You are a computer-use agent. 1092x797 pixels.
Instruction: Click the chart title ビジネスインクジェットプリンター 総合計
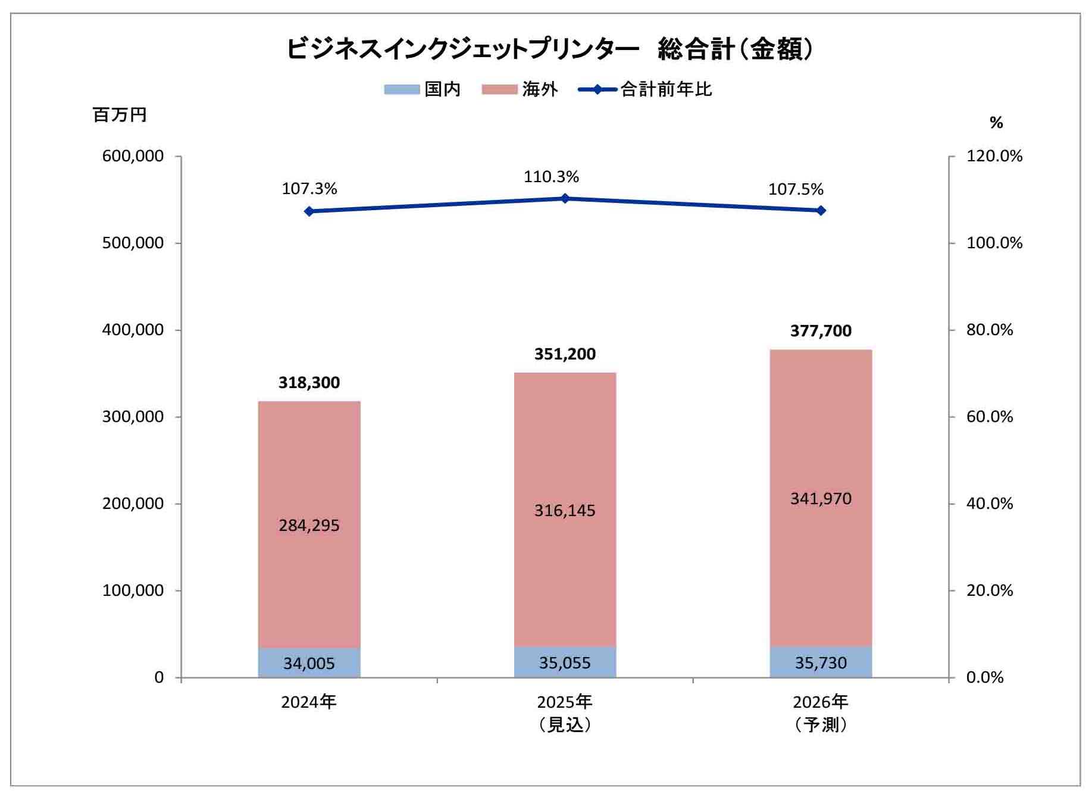pyautogui.click(x=550, y=49)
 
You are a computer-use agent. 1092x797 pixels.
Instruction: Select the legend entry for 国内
pyautogui.click(x=423, y=89)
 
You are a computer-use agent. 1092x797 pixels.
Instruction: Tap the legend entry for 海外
pyautogui.click(x=520, y=89)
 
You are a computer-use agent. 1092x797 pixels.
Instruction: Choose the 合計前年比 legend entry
pyautogui.click(x=646, y=89)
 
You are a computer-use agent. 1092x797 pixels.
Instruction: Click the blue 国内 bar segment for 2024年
pyautogui.click(x=309, y=662)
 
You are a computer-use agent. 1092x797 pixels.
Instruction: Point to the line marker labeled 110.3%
pyautogui.click(x=565, y=198)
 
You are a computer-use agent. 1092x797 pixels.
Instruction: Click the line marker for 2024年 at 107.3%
pyautogui.click(x=309, y=211)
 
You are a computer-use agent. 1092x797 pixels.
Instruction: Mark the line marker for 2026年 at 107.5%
pyautogui.click(x=821, y=210)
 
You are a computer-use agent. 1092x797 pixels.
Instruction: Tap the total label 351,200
pyautogui.click(x=565, y=354)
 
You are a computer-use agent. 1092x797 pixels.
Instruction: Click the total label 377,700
pyautogui.click(x=821, y=331)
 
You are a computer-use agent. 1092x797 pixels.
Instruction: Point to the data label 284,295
pyautogui.click(x=309, y=525)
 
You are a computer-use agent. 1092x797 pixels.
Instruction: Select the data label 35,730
pyautogui.click(x=821, y=662)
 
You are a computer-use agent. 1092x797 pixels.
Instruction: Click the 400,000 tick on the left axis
pyautogui.click(x=133, y=330)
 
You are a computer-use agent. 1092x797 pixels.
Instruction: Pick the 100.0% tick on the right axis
pyautogui.click(x=994, y=243)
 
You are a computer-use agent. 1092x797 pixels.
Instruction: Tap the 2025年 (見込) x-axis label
pyautogui.click(x=565, y=712)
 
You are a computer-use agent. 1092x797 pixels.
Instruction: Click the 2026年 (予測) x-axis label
pyautogui.click(x=821, y=712)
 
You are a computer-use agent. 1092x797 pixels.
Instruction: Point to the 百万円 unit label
pyautogui.click(x=120, y=114)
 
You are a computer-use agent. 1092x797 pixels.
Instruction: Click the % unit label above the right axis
pyautogui.click(x=996, y=123)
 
